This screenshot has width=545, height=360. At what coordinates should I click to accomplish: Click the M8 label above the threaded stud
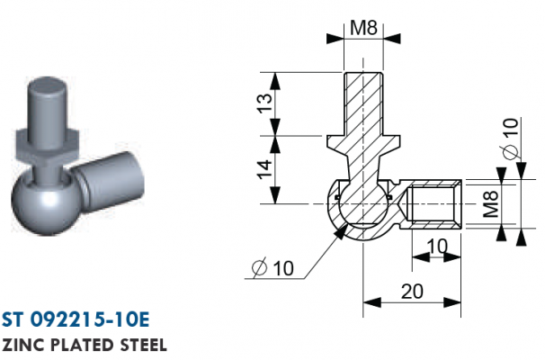pyautogui.click(x=363, y=28)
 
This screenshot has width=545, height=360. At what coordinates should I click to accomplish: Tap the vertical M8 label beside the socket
pyautogui.click(x=491, y=204)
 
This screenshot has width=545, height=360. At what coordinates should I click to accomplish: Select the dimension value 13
pyautogui.click(x=265, y=103)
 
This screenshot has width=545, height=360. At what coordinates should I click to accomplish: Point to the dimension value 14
pyautogui.click(x=265, y=169)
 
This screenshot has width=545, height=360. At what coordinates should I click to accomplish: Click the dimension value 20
pyautogui.click(x=412, y=292)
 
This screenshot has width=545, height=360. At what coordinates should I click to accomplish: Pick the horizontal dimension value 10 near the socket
pyautogui.click(x=437, y=247)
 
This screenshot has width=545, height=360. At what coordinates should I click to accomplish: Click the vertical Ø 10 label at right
pyautogui.click(x=511, y=138)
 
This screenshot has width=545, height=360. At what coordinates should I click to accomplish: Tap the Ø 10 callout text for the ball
pyautogui.click(x=272, y=268)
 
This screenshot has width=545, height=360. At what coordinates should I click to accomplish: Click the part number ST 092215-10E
pyautogui.click(x=76, y=319)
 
